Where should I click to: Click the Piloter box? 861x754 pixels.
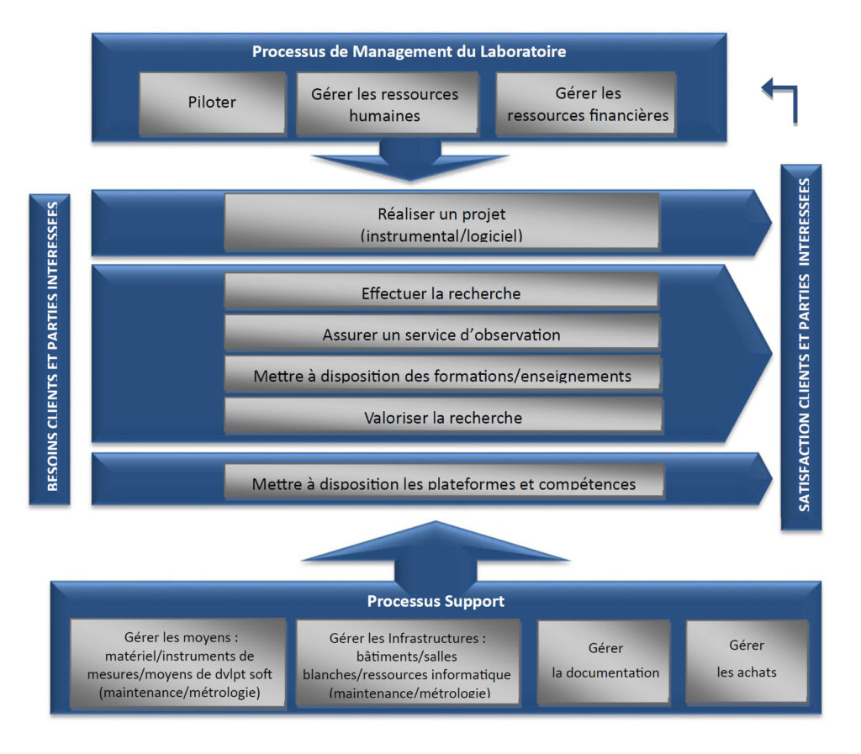click(x=212, y=103)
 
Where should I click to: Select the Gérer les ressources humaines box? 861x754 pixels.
click(x=384, y=104)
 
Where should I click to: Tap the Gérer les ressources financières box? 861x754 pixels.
click(x=587, y=104)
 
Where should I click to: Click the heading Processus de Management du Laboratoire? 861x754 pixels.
click(x=409, y=51)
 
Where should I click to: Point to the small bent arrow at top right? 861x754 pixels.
click(x=780, y=99)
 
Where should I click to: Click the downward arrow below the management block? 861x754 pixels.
click(x=410, y=160)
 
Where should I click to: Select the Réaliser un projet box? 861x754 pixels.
click(x=441, y=223)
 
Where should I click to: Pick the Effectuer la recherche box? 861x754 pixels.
click(x=441, y=293)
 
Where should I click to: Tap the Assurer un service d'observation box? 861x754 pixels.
click(x=441, y=334)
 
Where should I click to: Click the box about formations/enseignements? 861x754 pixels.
click(x=442, y=374)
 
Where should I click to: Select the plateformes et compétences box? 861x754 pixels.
click(x=444, y=482)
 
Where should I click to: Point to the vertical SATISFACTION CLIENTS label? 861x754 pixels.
click(x=802, y=346)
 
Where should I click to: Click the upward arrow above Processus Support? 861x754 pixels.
click(x=434, y=551)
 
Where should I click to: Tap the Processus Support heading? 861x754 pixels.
click(x=436, y=601)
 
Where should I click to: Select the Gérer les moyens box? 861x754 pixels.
click(x=177, y=664)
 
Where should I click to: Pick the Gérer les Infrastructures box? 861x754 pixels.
click(x=407, y=664)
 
